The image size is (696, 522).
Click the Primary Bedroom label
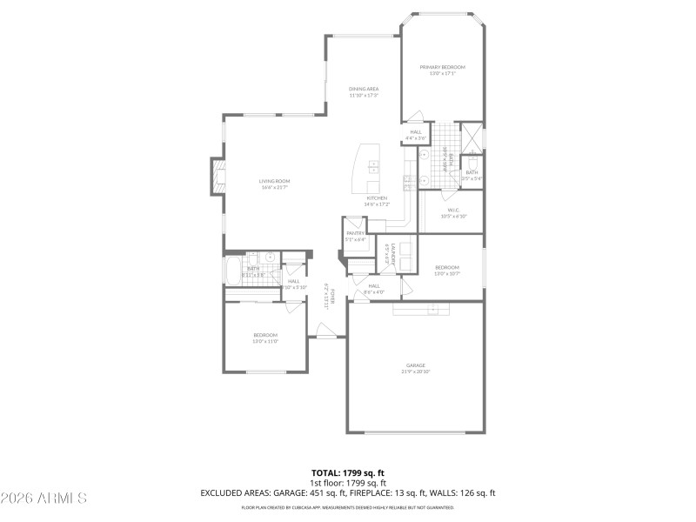point(443,68)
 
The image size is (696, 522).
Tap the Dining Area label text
point(364,89)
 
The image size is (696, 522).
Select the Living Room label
point(273,181)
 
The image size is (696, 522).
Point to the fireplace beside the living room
point(215,177)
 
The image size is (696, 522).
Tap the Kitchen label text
point(376,198)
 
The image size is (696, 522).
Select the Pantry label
point(355,233)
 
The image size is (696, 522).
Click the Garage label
point(415,365)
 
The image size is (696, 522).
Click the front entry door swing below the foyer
point(325,331)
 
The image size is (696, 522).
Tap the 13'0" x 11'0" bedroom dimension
point(265,341)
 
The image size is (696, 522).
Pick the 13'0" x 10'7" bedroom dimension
point(447,273)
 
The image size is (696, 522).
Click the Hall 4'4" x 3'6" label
point(416,135)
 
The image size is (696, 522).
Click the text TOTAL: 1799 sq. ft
point(348,472)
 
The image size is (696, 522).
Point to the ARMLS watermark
point(43,498)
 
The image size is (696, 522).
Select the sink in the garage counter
point(431,309)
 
